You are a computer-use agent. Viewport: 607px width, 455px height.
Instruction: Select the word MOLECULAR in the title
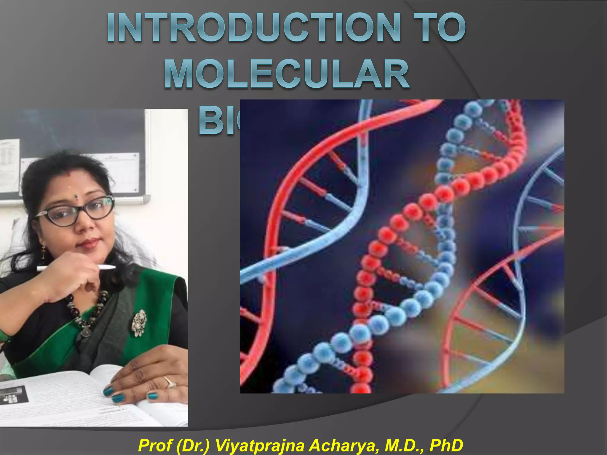pyautogui.click(x=287, y=74)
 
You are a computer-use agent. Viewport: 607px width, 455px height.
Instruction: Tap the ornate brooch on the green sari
pyautogui.click(x=139, y=323)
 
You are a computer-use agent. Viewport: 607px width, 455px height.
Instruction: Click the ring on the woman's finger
pyautogui.click(x=170, y=382)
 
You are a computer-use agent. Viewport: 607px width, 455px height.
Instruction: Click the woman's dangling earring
pyautogui.click(x=43, y=249)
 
